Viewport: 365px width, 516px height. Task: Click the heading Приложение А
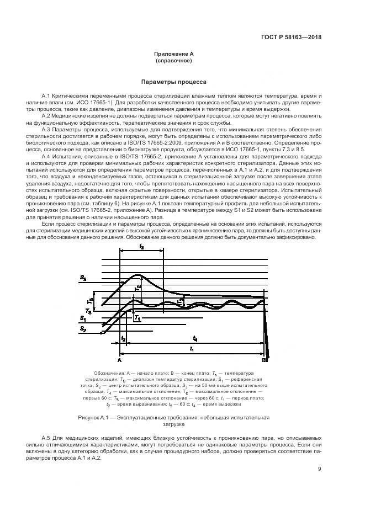[173, 54]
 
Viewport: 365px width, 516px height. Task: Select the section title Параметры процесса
[173, 82]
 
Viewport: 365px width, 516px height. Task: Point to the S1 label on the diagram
[82, 318]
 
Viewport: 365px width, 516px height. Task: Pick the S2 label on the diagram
[82, 329]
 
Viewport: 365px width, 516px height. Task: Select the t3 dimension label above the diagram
[141, 248]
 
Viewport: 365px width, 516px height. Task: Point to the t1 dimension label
[191, 349]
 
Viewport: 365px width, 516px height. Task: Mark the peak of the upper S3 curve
[138, 275]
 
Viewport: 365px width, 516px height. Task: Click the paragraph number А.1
[46, 95]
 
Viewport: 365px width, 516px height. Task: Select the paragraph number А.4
[46, 157]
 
